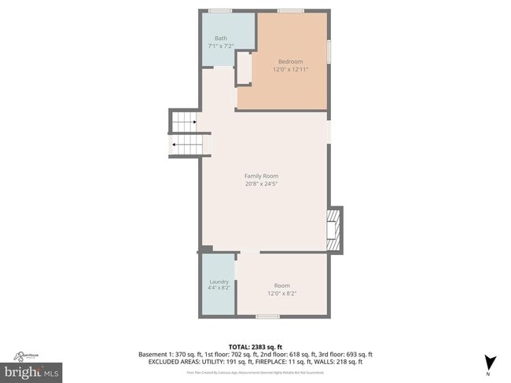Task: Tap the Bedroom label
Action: pos(290,61)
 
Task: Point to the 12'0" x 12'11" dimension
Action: pos(290,69)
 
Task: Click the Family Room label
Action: pos(261,176)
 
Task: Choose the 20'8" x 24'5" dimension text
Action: pos(261,184)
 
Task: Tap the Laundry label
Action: pos(219,281)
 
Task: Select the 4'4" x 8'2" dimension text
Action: pos(219,288)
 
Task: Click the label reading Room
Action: pos(281,285)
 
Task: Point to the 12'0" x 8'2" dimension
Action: pos(281,293)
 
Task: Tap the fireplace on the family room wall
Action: pos(335,228)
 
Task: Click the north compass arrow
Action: pos(491,362)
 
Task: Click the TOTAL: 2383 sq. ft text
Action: pos(255,346)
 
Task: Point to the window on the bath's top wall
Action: pos(219,10)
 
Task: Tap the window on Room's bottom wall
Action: pos(267,316)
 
